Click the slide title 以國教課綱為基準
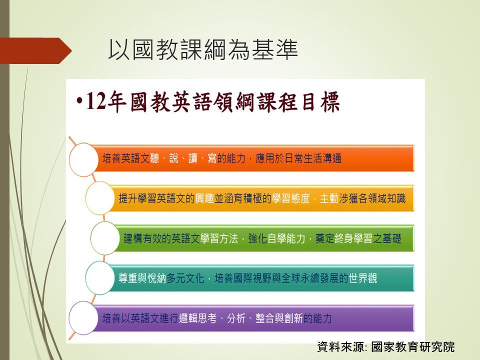coord(203,49)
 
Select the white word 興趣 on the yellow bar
coord(204,198)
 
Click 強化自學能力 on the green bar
coord(276,238)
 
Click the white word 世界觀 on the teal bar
coord(363,278)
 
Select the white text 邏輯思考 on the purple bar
coord(197,318)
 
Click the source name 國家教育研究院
coord(413,347)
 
